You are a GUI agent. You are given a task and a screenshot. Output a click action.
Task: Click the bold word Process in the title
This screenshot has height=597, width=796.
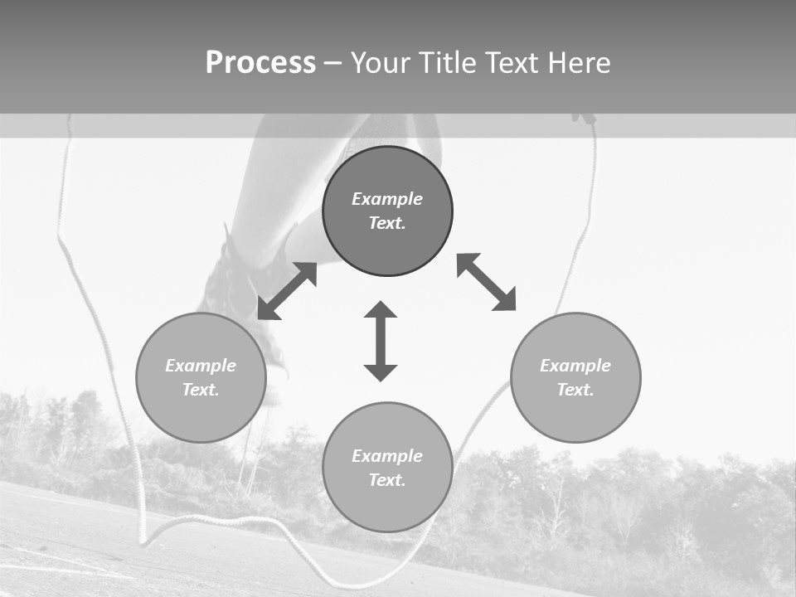(260, 63)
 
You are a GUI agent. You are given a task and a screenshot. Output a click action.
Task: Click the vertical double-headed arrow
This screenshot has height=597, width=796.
(381, 342)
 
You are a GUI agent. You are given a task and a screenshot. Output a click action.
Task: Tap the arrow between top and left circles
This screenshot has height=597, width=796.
(287, 291)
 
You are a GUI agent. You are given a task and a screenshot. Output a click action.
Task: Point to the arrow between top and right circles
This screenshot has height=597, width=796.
(486, 282)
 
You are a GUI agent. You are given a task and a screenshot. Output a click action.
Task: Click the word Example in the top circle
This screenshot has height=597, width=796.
(387, 199)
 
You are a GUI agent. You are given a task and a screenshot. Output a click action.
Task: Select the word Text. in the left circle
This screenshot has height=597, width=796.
(201, 390)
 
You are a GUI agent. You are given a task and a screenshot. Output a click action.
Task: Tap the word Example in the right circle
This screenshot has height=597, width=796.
(575, 366)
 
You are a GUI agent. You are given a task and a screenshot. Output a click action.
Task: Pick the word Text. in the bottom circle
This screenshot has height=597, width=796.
(387, 480)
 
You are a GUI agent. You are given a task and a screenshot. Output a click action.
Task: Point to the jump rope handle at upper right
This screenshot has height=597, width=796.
(585, 119)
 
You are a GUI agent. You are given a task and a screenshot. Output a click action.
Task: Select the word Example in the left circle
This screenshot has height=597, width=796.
(201, 366)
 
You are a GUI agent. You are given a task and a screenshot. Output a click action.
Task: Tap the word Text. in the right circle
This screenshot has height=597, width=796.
(575, 390)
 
